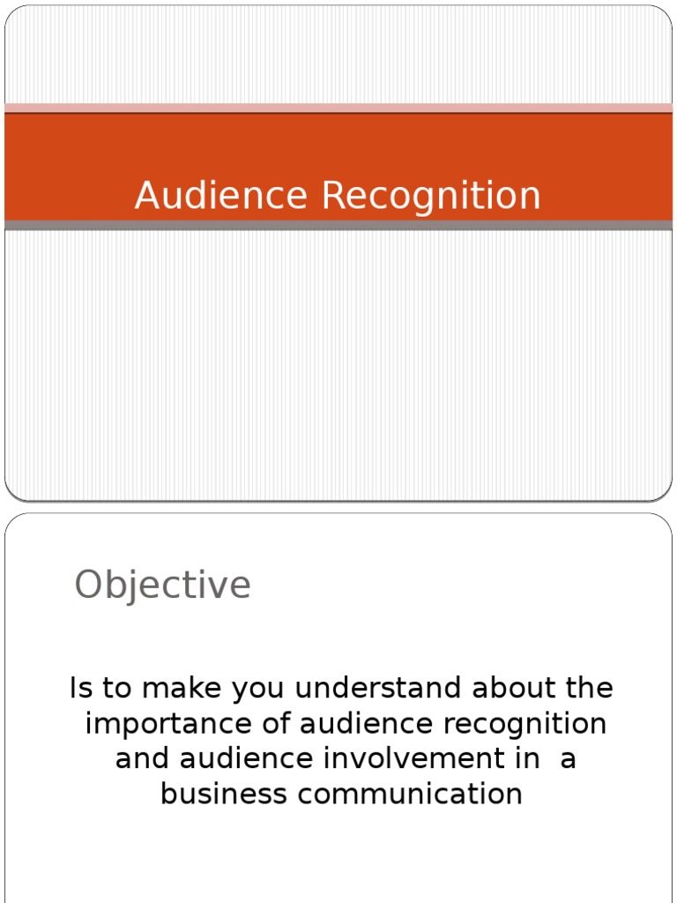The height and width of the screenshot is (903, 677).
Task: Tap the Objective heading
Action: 162,585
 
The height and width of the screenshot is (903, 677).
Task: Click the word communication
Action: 410,794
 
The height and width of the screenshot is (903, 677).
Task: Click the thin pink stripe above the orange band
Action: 338,108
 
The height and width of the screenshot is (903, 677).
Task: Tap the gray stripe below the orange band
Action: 338,226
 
